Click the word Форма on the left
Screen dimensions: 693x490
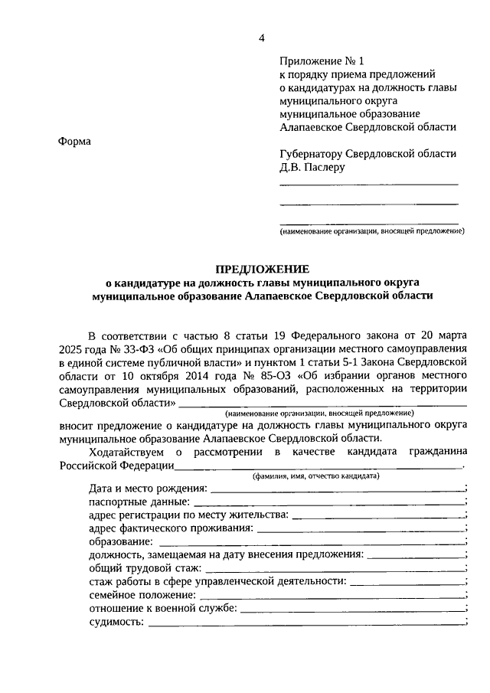coord(73,142)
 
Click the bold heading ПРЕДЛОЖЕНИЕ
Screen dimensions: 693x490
coord(262,269)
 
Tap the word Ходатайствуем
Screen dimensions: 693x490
coord(126,453)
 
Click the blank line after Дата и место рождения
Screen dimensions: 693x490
coord(336,489)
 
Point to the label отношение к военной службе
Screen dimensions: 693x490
coord(163,608)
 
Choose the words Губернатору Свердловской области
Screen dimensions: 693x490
coord(367,152)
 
